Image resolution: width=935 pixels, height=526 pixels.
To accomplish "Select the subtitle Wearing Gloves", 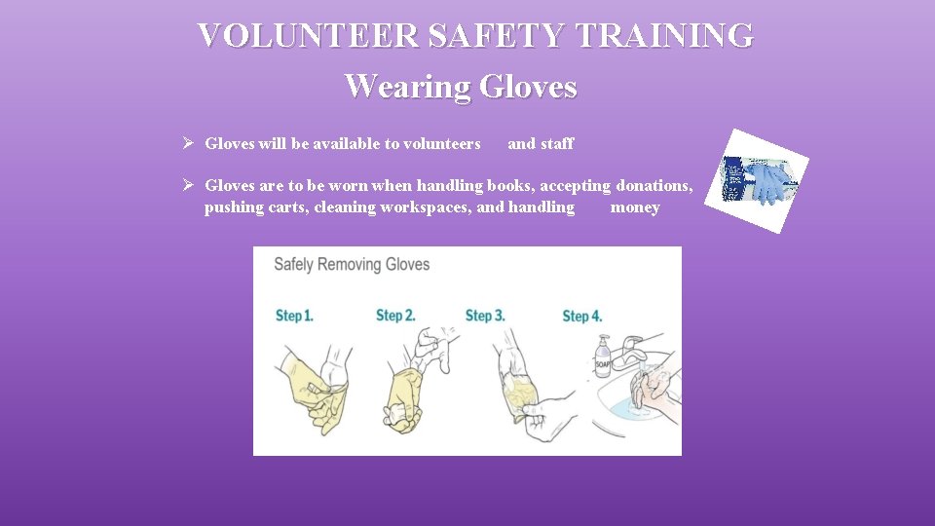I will point(461,86).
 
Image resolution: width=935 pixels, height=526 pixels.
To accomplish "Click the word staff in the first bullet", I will point(557,144).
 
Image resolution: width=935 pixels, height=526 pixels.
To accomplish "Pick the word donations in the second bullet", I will point(654,185).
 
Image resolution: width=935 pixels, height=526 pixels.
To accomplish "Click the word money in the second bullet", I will point(635,207).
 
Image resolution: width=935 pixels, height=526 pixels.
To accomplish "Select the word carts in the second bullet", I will point(286,207).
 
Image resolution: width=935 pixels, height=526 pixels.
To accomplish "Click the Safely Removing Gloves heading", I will point(352,265).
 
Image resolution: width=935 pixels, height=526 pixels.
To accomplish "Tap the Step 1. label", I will point(294,316).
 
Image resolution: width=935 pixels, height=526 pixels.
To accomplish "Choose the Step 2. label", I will point(395,316).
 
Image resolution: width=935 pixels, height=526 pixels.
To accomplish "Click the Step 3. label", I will point(485,316).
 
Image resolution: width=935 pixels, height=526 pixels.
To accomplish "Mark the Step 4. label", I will point(582,316).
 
